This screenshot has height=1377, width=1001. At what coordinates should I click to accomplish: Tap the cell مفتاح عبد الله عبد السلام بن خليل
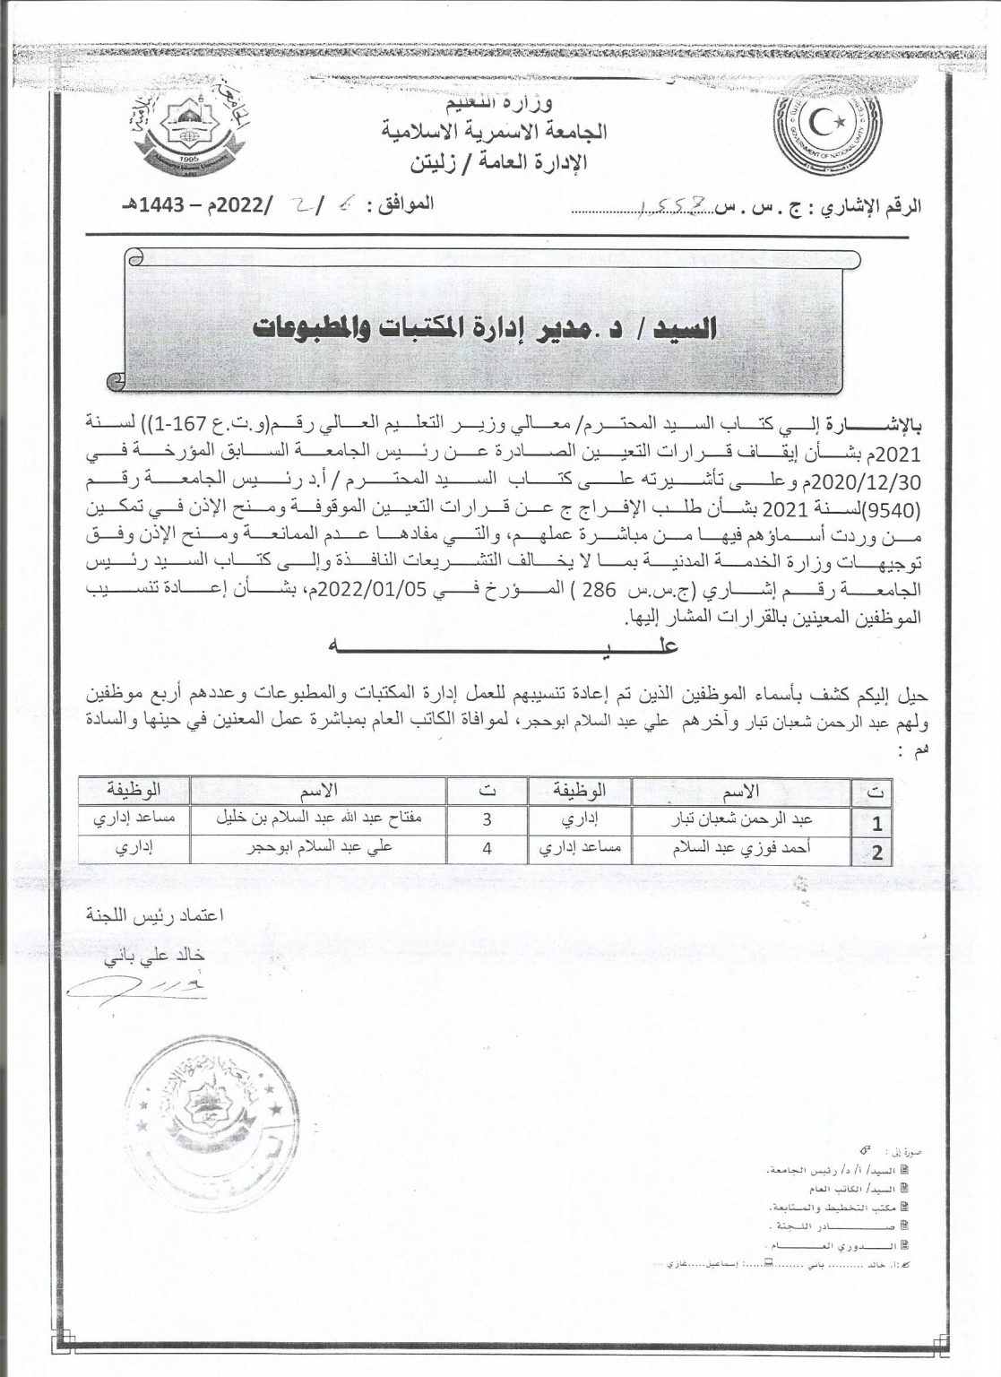point(317,818)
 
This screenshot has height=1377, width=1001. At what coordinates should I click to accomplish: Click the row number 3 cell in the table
point(488,818)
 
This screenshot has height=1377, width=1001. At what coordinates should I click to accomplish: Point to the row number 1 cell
point(877,821)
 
